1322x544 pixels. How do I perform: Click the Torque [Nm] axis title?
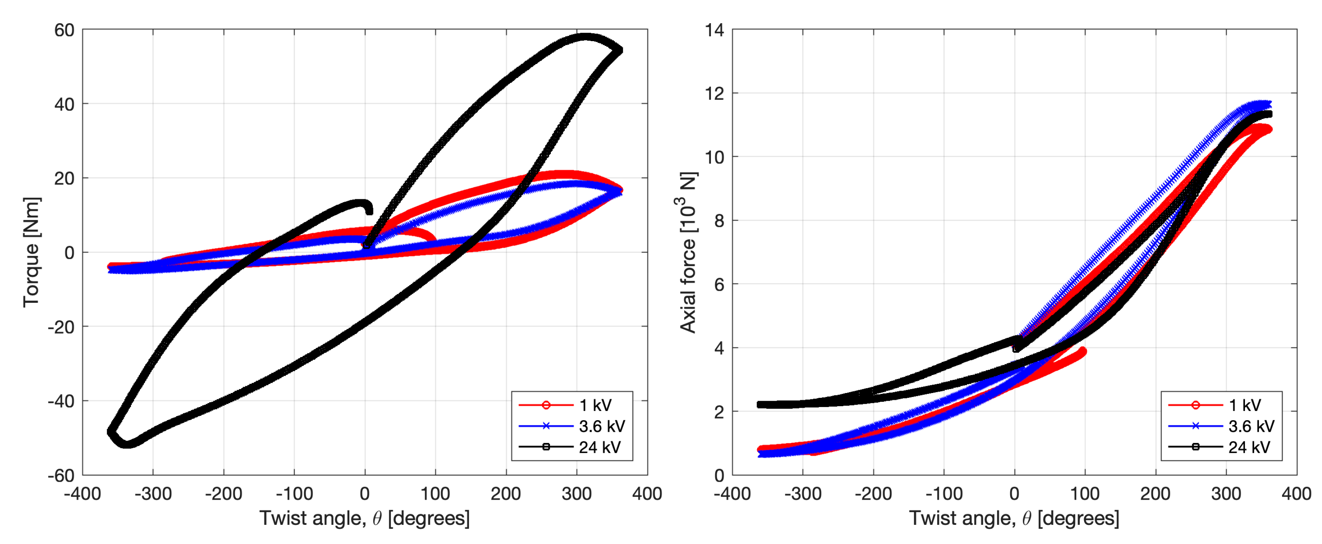click(31, 252)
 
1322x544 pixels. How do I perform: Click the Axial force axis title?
click(688, 252)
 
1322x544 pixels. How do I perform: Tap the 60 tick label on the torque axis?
click(64, 30)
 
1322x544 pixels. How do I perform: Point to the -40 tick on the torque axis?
click(61, 401)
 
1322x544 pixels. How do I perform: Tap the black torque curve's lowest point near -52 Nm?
click(127, 444)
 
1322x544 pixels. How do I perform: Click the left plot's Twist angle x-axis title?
click(364, 518)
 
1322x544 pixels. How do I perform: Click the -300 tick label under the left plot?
click(153, 494)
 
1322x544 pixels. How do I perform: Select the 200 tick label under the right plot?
click(1155, 494)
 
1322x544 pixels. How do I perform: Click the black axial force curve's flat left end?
click(762, 405)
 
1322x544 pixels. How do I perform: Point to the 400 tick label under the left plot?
click(647, 494)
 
